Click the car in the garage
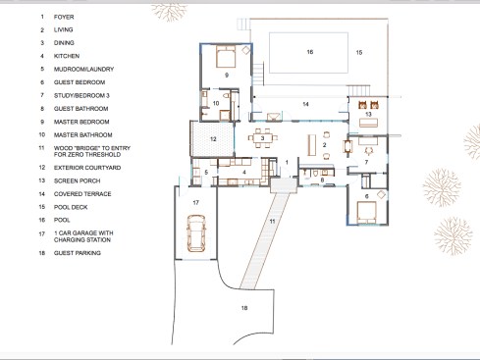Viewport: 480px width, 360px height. pos(195,233)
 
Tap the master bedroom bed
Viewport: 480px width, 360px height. pos(226,56)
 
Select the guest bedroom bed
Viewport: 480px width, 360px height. pos(366,213)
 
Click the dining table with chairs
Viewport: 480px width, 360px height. pos(262,138)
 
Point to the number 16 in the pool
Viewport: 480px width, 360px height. pos(310,52)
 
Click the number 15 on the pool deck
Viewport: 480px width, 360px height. pos(359,52)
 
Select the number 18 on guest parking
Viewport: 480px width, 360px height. pos(244,308)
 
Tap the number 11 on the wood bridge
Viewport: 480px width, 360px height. pos(272,222)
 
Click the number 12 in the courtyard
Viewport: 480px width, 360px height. pos(213,139)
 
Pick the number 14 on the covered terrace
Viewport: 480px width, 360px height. pos(305,104)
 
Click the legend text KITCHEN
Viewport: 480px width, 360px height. pos(67,56)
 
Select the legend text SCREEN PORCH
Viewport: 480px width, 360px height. pos(78,180)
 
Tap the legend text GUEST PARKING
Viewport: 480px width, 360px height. pos(78,253)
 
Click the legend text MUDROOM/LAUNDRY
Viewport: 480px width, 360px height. pos(83,69)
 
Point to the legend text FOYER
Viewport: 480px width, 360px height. pos(64,17)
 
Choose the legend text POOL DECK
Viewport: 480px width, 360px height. pos(71,207)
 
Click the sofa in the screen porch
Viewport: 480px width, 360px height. pos(368,123)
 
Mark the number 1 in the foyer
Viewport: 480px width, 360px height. pos(287,162)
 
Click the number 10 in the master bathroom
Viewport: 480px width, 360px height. pos(216,103)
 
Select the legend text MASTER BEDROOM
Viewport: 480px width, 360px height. pos(81,122)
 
